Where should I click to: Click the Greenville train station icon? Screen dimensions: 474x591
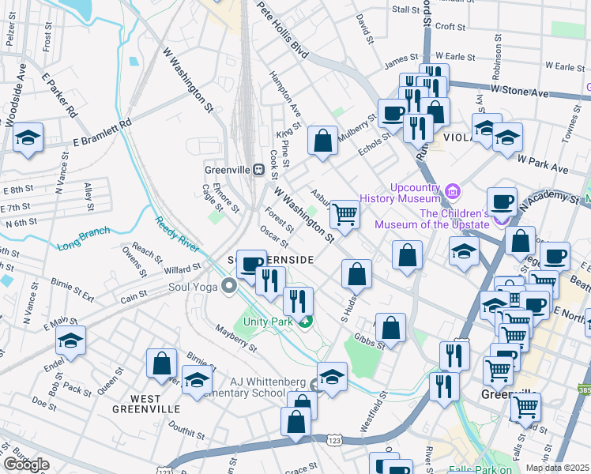tap(258, 169)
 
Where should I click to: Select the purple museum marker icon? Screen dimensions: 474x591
tap(452, 190)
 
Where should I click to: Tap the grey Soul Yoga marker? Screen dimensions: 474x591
tap(229, 285)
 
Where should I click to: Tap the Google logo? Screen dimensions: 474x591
tap(26, 465)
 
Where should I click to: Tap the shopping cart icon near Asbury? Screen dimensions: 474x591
tap(344, 213)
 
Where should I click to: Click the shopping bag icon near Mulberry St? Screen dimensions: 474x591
tap(322, 141)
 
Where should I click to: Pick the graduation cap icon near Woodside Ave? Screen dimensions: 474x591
tap(28, 138)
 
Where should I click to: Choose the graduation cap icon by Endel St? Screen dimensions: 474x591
tap(71, 340)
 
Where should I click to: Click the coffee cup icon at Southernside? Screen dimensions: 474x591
tap(251, 264)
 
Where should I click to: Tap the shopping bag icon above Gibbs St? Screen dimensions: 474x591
tap(390, 326)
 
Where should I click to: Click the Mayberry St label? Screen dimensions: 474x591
tap(236, 342)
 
